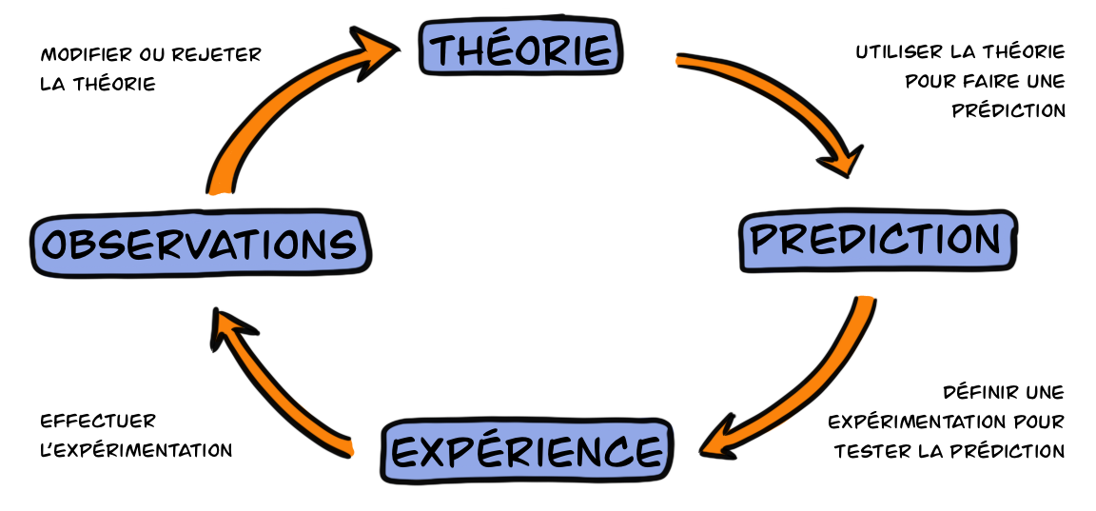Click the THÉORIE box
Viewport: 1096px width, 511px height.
click(520, 49)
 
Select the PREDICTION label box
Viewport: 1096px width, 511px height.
click(875, 241)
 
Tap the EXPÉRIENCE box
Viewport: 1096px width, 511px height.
click(526, 451)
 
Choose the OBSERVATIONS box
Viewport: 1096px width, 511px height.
click(200, 246)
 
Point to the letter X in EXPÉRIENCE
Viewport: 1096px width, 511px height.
click(433, 452)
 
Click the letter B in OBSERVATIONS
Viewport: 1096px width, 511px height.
click(84, 246)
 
